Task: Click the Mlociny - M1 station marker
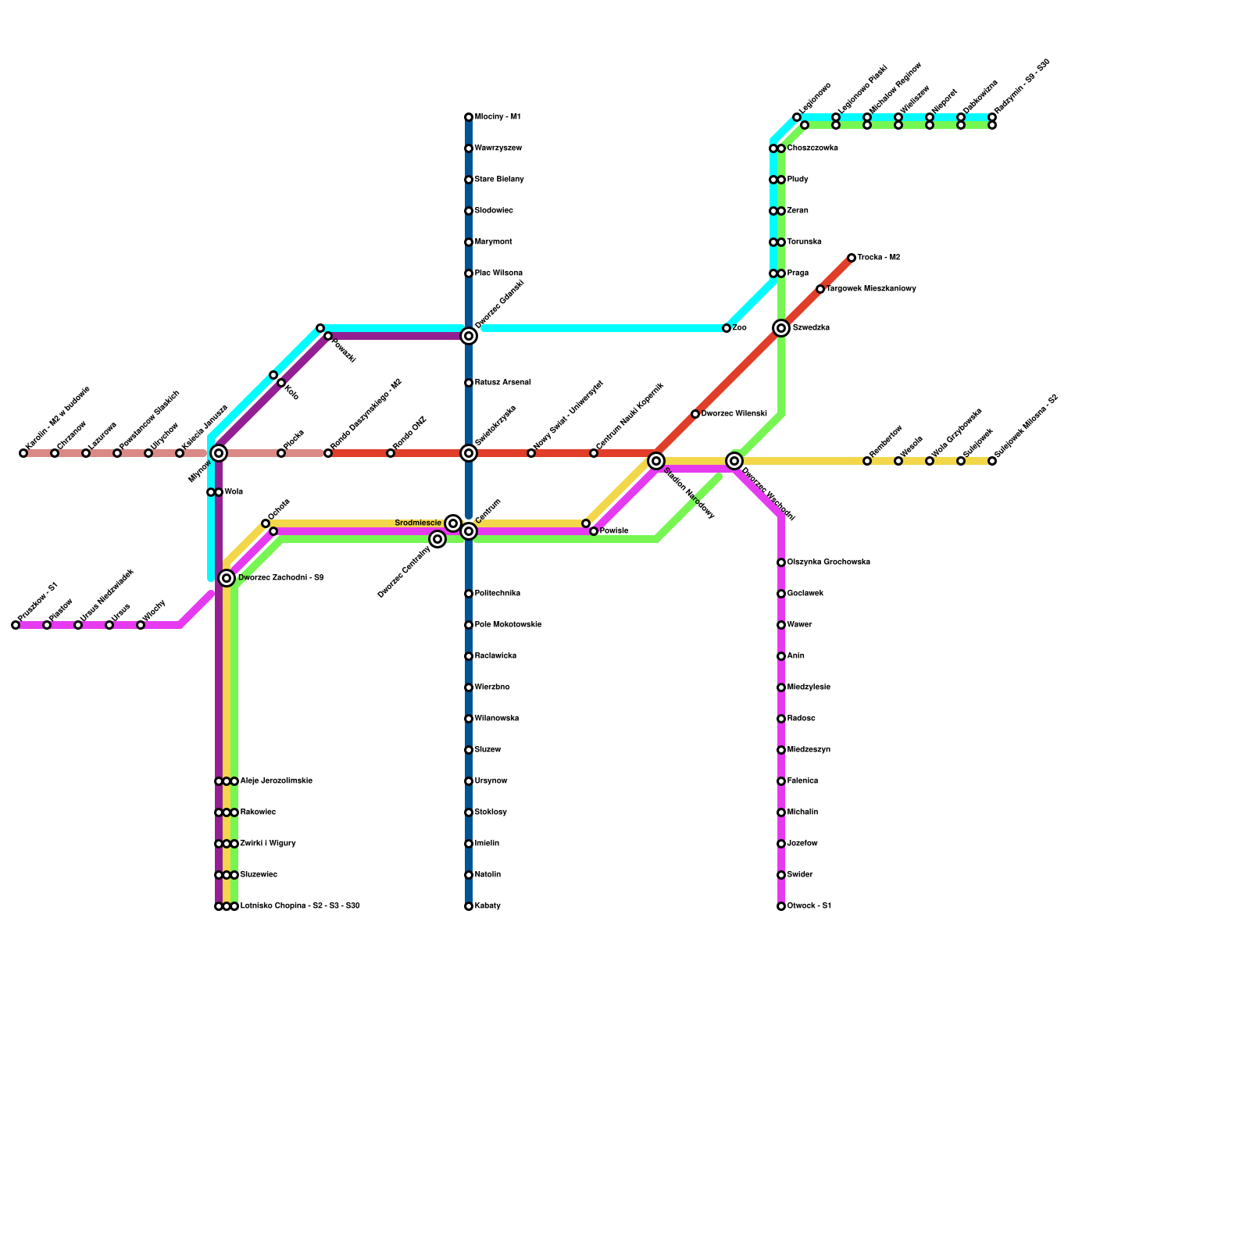coord(469,117)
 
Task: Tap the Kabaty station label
coord(487,906)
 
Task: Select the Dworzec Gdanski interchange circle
coord(469,336)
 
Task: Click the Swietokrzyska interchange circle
coord(469,453)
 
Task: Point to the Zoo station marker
coord(727,328)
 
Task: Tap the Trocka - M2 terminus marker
coord(852,258)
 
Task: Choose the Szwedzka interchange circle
coord(781,328)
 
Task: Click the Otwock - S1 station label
coord(809,906)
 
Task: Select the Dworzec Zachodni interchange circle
coord(227,578)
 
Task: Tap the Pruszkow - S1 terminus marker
coord(16,625)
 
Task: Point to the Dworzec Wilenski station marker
coord(695,414)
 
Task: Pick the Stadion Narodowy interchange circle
coord(656,461)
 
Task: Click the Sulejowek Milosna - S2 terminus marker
coord(992,461)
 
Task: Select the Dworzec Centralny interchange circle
coord(437,539)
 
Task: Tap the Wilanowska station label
coord(497,719)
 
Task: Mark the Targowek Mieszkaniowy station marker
coord(820,289)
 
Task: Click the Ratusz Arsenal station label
coord(503,383)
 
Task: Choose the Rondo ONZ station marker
coord(391,453)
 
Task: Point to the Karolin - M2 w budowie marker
coord(23,453)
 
